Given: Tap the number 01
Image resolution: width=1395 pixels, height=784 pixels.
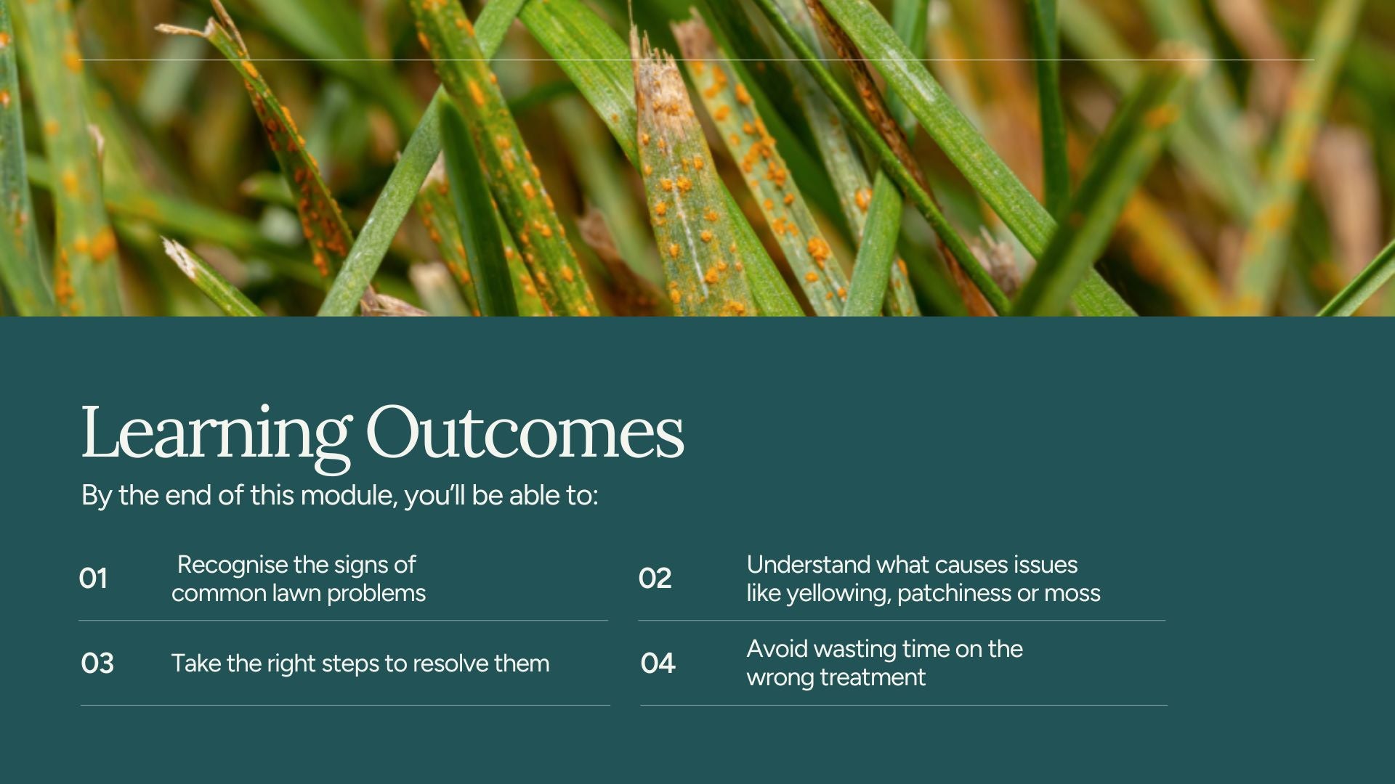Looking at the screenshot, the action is click(93, 579).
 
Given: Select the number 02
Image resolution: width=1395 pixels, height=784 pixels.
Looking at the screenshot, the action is click(655, 579).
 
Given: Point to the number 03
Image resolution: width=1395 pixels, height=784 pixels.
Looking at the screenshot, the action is click(97, 663).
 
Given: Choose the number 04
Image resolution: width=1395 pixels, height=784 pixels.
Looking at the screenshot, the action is click(658, 663).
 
